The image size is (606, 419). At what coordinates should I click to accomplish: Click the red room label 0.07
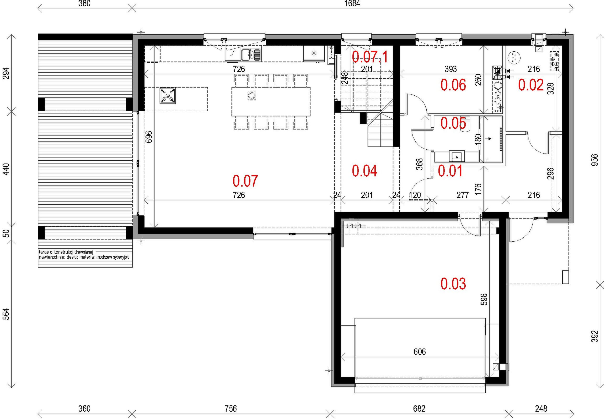[x=245, y=181]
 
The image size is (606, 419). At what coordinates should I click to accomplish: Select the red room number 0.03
[x=453, y=284]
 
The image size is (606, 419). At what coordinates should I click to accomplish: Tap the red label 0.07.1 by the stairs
[x=369, y=57]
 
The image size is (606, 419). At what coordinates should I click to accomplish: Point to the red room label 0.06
[x=453, y=85]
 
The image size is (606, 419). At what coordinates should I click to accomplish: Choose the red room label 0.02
[x=531, y=85]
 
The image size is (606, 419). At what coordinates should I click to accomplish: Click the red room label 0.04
[x=364, y=171]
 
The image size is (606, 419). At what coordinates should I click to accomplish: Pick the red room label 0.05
[x=453, y=123]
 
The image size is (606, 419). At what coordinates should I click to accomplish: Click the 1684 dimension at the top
[x=352, y=3]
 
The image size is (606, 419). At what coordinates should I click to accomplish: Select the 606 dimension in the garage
[x=420, y=352]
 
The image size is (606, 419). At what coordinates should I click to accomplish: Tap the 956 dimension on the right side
[x=595, y=160]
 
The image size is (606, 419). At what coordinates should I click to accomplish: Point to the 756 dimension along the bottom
[x=231, y=409]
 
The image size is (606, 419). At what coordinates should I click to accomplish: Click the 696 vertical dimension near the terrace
[x=149, y=137]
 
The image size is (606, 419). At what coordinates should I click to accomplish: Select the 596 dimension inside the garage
[x=484, y=299]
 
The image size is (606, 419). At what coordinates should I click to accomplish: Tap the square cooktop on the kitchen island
[x=168, y=95]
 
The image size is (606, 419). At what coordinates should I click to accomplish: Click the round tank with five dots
[x=514, y=57]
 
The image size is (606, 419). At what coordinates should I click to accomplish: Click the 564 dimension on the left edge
[x=6, y=314]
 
